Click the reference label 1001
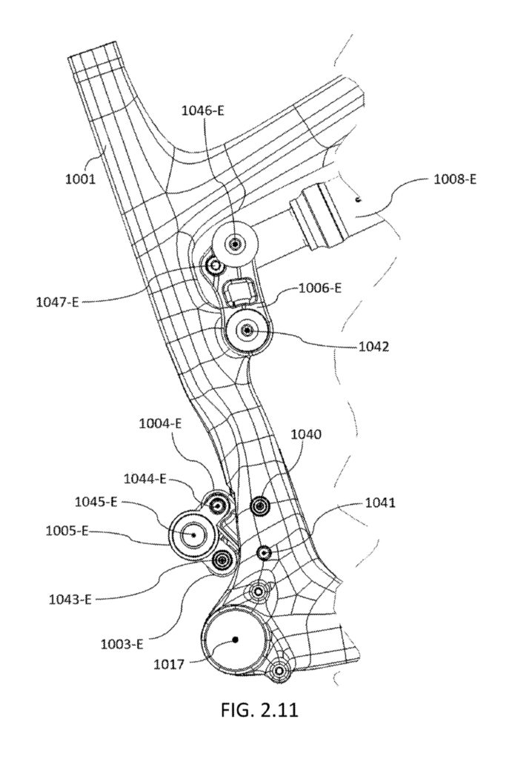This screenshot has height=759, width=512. pos(81,179)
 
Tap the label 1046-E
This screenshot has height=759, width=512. pos(203,111)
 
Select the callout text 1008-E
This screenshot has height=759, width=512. pos(456,179)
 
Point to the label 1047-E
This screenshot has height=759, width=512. pos(57,302)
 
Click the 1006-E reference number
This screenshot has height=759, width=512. pos(320,288)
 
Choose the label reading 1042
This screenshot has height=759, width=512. pos(373,347)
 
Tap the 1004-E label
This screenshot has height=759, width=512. pos(160,424)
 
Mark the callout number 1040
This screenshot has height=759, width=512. pos(306,434)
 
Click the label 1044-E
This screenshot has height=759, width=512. pos(145,480)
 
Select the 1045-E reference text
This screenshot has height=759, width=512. pos(96,502)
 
